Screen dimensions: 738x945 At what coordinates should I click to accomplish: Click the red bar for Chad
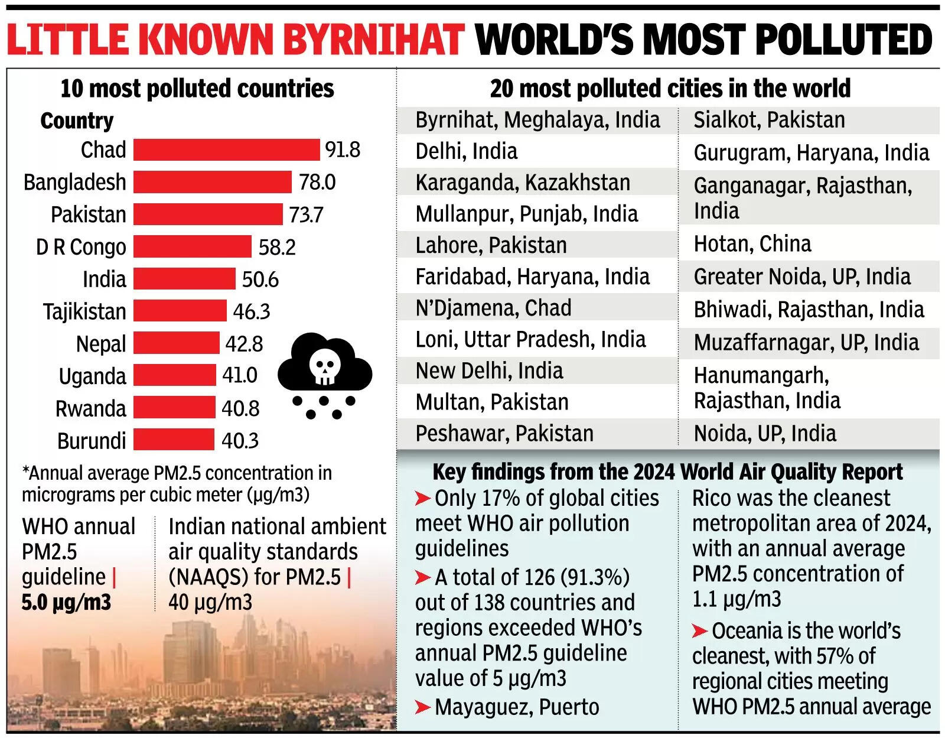(x=226, y=150)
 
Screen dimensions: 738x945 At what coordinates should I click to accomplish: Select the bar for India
(x=184, y=279)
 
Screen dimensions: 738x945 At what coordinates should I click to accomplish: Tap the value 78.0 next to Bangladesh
(x=317, y=182)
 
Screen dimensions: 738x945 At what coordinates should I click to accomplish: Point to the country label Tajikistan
(x=84, y=311)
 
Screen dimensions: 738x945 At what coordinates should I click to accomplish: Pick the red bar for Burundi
(x=174, y=440)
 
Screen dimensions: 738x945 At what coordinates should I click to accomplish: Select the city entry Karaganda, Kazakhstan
(x=522, y=183)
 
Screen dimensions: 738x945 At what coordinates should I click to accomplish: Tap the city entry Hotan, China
(x=752, y=243)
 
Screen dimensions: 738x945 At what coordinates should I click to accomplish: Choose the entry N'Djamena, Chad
(x=493, y=308)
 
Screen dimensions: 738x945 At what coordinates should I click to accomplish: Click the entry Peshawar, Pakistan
(x=504, y=434)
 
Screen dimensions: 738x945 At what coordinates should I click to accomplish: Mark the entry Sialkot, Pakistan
(x=768, y=120)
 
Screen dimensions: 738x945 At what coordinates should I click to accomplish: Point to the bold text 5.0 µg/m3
(x=66, y=603)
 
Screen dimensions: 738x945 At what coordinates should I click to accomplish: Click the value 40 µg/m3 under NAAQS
(x=210, y=603)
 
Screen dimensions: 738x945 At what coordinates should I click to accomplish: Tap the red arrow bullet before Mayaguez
(x=422, y=707)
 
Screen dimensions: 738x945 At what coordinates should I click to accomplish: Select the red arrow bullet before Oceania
(x=700, y=632)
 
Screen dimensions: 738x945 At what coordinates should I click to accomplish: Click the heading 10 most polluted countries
(x=197, y=89)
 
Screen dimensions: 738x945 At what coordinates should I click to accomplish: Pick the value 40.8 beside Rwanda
(x=240, y=408)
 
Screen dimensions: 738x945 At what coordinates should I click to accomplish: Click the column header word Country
(x=77, y=121)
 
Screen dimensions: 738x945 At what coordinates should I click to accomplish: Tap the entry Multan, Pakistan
(x=491, y=402)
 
